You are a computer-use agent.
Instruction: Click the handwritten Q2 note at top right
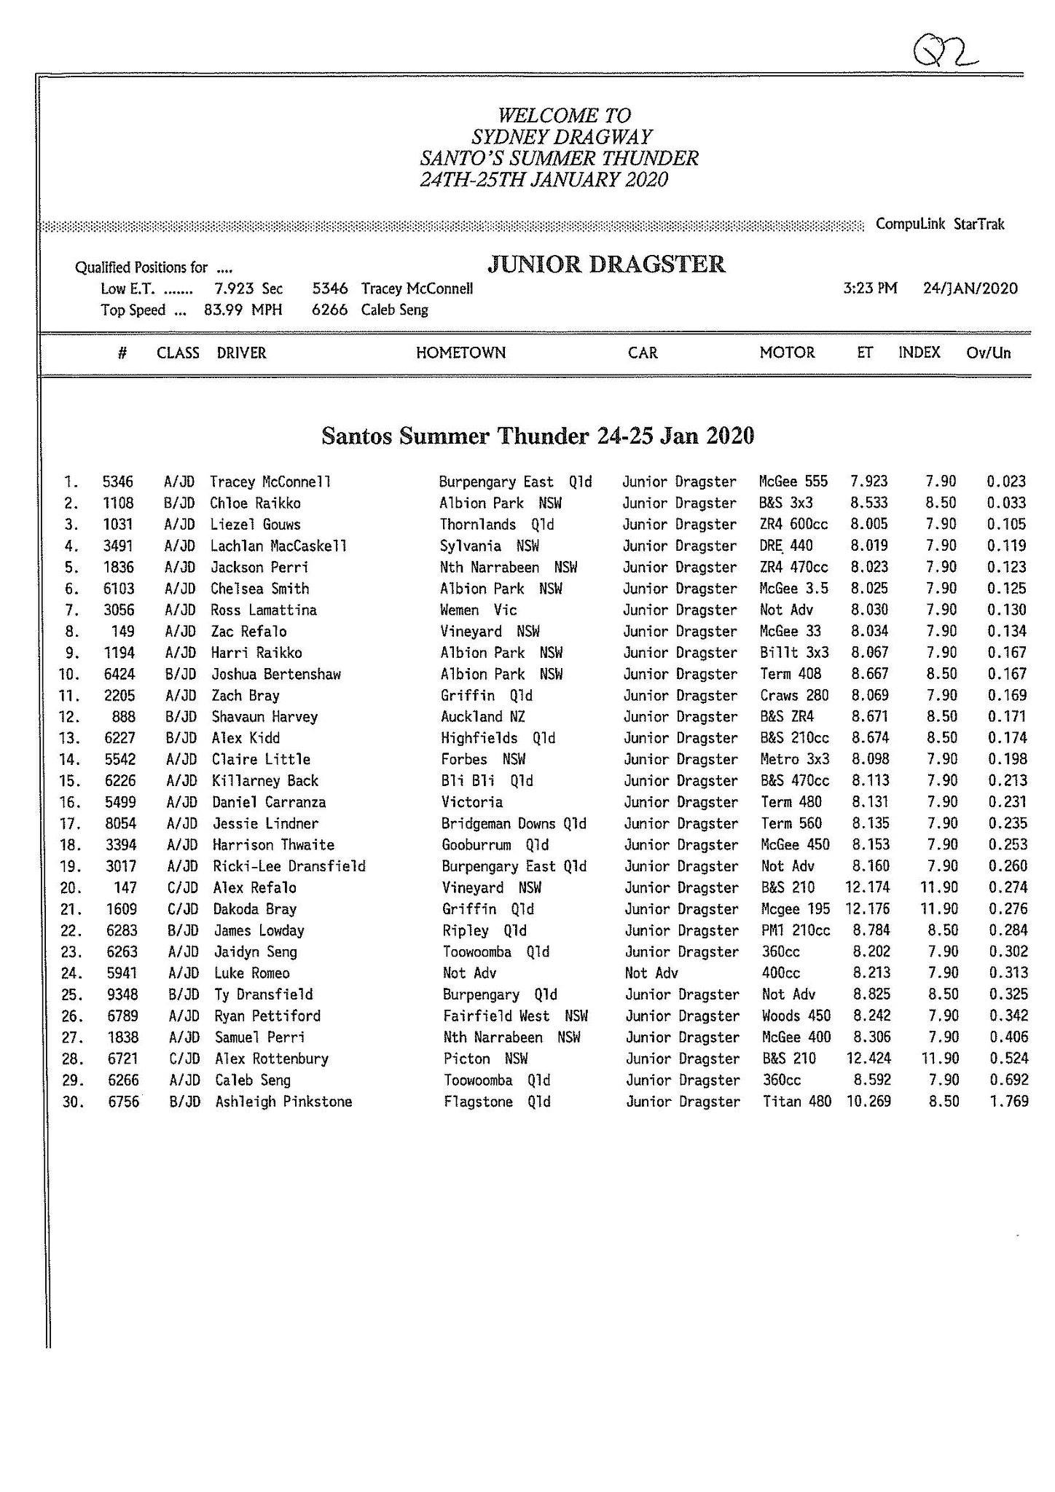[944, 53]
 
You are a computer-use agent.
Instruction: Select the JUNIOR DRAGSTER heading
[606, 264]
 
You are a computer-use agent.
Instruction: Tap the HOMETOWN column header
[460, 353]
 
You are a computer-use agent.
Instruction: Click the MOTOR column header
[787, 353]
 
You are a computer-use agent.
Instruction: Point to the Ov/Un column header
[989, 353]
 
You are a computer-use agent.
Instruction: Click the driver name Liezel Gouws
[255, 525]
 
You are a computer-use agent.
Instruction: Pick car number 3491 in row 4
[118, 546]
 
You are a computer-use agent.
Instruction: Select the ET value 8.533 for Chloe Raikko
[868, 503]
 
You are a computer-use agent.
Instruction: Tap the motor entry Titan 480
[797, 1102]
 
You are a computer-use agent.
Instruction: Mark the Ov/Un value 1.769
[1008, 1102]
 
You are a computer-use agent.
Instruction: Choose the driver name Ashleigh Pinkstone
[283, 1102]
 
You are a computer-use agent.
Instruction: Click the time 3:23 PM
[870, 288]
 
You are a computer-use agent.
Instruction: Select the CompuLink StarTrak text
[940, 224]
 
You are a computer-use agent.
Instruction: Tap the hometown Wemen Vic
[478, 610]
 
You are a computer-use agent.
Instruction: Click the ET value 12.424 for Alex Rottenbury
[867, 1059]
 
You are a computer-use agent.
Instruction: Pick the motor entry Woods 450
[796, 1016]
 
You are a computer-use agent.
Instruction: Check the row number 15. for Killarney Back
[72, 781]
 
